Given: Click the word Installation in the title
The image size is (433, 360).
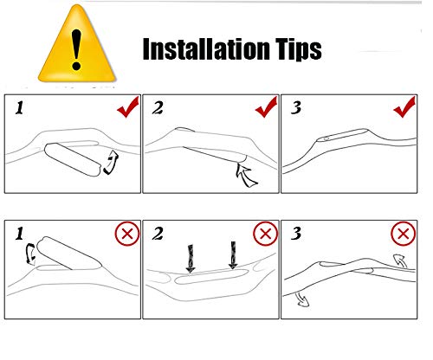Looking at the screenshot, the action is (206, 49).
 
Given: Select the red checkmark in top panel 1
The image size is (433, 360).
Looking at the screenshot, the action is (128, 107).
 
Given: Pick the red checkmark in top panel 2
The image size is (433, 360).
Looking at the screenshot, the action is (266, 107).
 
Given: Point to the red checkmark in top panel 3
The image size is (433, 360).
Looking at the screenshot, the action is (404, 107).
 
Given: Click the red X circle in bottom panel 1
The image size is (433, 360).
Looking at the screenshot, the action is (127, 234).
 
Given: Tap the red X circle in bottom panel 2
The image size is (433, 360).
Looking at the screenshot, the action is (266, 234).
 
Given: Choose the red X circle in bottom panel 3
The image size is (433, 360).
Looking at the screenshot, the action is (404, 234).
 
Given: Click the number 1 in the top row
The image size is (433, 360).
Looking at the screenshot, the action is (19, 108).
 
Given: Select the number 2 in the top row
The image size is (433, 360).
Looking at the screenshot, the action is (158, 108).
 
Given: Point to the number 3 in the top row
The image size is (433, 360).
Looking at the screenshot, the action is (296, 108).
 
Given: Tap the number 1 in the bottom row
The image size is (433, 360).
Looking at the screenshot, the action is (19, 234).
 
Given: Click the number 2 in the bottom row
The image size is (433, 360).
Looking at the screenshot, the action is (158, 234).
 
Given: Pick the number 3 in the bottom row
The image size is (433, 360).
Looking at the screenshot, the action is (296, 234).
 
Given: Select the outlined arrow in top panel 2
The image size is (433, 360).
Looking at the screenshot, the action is (245, 174).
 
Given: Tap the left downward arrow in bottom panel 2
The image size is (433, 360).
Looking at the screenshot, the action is (191, 259).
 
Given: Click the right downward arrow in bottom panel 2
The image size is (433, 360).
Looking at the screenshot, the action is (233, 255).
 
